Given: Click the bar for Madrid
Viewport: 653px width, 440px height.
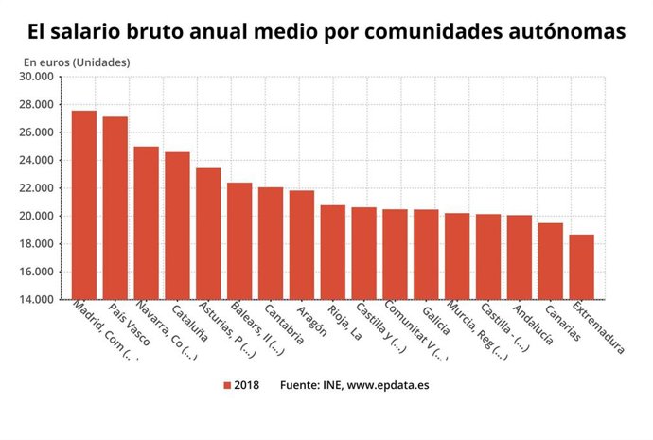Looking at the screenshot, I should point(84,205).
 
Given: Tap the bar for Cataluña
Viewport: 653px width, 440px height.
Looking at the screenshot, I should point(178,225).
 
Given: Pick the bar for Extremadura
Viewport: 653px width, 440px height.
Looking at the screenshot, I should point(582,267).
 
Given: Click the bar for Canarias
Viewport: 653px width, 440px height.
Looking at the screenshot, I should point(551,261).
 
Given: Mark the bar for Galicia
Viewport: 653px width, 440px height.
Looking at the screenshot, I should point(427,255).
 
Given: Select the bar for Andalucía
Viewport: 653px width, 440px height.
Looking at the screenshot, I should point(520,257).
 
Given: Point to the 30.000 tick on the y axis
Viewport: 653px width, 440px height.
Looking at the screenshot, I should point(41,77).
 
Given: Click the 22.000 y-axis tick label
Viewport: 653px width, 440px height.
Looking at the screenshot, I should point(41,188).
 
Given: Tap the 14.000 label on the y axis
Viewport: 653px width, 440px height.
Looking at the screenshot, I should point(41,300).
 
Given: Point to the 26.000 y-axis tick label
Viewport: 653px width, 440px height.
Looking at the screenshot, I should point(41,132).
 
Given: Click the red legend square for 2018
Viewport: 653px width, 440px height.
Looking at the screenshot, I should point(227,385).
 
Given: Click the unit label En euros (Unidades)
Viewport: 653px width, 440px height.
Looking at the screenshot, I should point(77,62).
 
